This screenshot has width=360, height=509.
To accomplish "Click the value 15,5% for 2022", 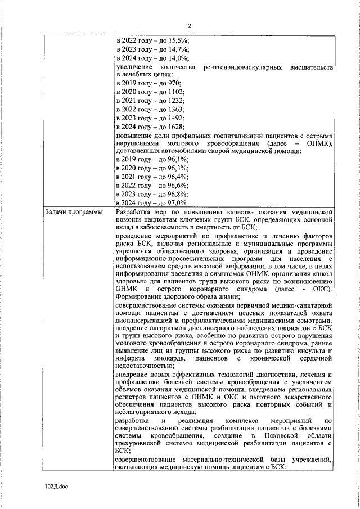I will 178,40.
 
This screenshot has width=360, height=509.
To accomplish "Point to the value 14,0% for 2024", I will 178,58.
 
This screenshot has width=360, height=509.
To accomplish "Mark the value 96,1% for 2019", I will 178,160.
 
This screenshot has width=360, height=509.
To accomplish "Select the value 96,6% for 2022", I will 178,185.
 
